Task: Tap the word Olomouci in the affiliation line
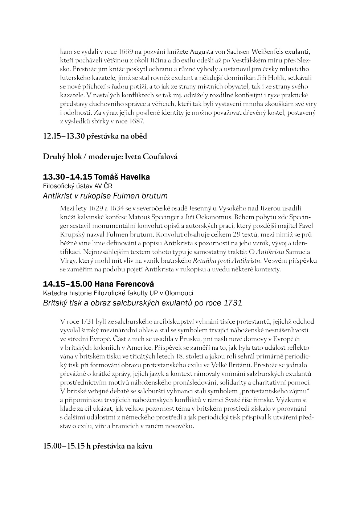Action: pyautogui.click(x=179, y=293)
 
